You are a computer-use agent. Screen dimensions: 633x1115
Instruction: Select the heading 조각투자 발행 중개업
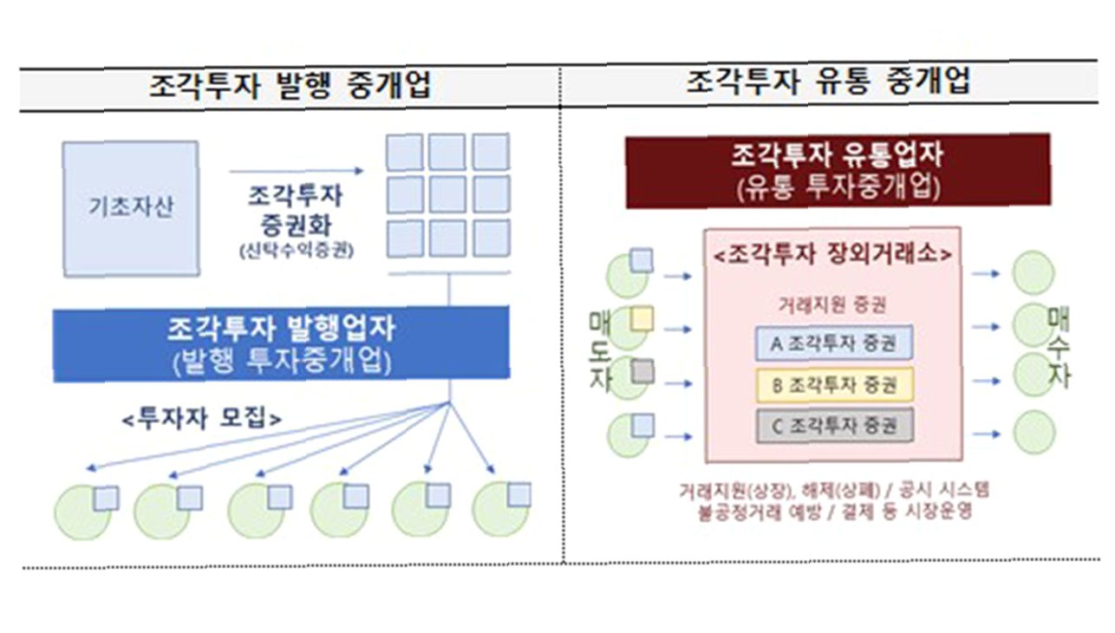point(290,87)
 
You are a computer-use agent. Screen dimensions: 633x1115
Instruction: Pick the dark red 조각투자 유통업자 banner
point(837,171)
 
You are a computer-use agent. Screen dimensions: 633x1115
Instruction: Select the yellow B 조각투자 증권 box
point(835,384)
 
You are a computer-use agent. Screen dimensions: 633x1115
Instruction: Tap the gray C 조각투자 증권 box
point(835,426)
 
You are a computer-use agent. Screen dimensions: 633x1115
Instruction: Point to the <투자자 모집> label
point(201,418)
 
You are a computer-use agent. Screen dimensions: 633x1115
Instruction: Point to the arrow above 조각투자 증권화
point(296,172)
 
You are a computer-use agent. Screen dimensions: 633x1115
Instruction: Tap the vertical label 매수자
point(1059,347)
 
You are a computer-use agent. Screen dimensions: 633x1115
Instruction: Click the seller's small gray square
point(641,372)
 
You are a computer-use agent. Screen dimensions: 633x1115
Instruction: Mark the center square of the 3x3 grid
point(447,193)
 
